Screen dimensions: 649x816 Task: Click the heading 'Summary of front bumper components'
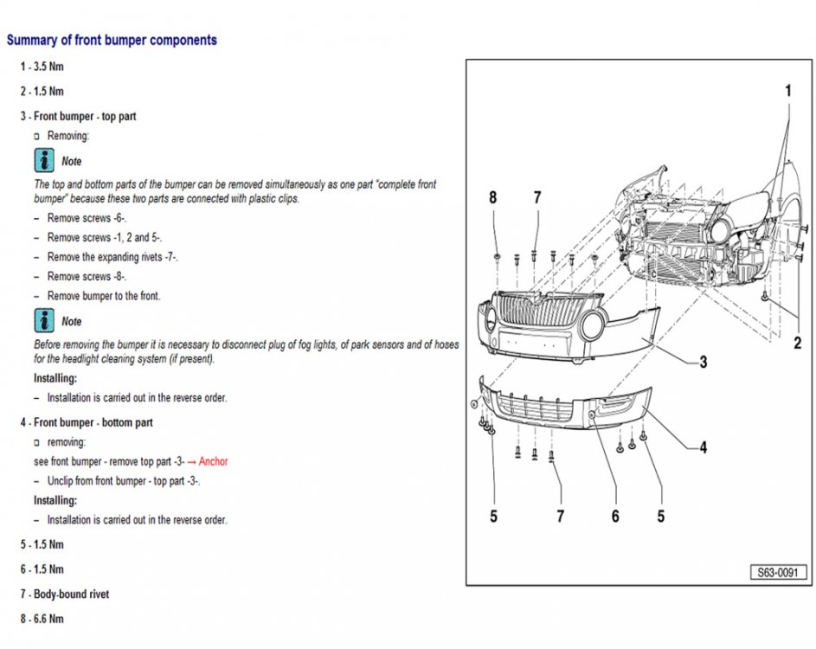point(112,40)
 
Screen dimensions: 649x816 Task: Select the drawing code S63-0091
point(778,573)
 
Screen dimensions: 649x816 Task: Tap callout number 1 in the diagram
point(787,91)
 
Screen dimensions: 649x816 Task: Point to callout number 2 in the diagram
point(797,343)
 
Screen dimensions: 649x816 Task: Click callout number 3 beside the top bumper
point(703,362)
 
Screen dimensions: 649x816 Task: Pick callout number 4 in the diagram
point(703,447)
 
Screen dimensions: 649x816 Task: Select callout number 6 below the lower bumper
point(615,516)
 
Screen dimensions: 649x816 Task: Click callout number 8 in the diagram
point(493,197)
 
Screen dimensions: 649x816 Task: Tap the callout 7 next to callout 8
point(537,197)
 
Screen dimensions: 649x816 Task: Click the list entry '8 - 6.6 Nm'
point(42,619)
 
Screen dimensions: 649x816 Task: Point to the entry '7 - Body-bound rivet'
point(65,594)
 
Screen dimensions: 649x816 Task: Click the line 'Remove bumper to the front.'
point(104,296)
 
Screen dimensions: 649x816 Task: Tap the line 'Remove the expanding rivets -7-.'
point(112,257)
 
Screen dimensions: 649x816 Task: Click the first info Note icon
point(44,161)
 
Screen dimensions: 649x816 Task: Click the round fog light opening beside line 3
point(593,325)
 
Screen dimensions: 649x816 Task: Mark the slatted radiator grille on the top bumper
point(531,311)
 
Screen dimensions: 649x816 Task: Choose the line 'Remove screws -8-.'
point(87,277)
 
